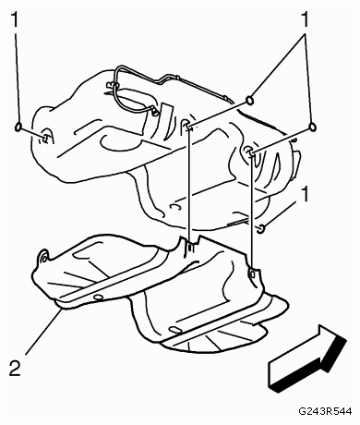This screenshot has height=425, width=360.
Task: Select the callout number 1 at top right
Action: pos(305,19)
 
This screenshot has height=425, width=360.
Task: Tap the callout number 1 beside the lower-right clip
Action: pos(305,194)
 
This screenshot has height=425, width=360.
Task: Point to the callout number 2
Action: pos(15,368)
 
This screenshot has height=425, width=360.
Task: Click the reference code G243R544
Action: pos(325,412)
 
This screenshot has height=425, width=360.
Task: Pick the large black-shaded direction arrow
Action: pos(307,358)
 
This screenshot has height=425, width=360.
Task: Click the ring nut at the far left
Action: pos(18,127)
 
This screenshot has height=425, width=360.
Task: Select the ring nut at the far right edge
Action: pos(313,127)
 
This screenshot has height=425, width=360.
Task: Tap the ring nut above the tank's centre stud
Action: pos(250,101)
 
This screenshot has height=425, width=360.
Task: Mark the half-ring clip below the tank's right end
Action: pos(260,228)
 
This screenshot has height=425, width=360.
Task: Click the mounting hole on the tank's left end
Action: pos(45,138)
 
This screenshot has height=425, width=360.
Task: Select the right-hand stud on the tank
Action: pos(250,152)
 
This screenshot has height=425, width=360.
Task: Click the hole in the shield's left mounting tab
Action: pos(42,258)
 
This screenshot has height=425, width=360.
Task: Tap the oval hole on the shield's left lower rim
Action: pos(99,297)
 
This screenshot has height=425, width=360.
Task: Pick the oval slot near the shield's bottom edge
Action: pos(174,330)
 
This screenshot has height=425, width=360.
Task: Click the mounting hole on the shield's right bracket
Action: pos(252,273)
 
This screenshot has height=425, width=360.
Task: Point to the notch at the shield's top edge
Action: pos(190,241)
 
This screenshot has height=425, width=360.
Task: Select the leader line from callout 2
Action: pos(43,332)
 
